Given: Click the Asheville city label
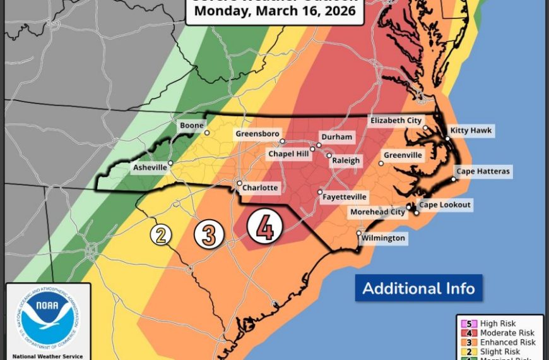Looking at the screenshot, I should pos(150,167).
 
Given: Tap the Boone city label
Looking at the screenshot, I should pos(192,126).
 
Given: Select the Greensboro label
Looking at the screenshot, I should pos(257,134).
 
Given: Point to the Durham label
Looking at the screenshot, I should pos(336,137).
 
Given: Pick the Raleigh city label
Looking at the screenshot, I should pos(346,160).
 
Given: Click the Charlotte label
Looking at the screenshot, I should pos(261,188).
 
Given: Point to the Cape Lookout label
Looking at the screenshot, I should pos(445,205).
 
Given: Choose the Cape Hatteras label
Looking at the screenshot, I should pos(483,171).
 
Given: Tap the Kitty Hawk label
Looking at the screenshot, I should pos(471,131).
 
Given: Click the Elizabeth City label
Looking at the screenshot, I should pos(396,120).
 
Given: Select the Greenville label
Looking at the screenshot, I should pos(403,155).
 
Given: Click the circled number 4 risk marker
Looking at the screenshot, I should pos(264,227).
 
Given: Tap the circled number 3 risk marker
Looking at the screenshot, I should pos(210,234).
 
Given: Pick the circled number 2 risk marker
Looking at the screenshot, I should pos(161,235).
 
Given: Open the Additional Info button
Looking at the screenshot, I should pos(418,288).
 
